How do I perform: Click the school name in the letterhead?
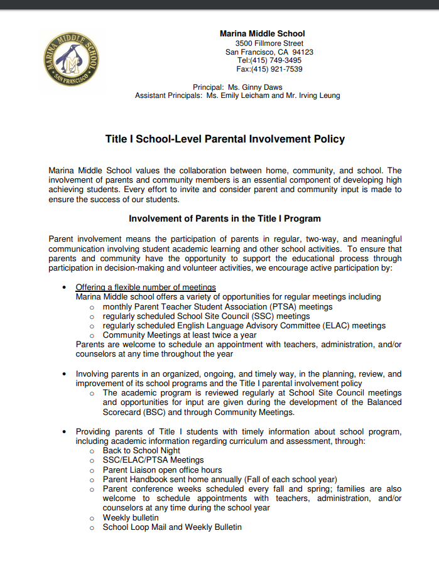262,34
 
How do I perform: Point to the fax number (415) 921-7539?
277,69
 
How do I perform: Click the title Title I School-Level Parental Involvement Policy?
225,139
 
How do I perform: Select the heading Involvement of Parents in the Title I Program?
225,219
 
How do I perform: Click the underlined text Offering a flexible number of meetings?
146,288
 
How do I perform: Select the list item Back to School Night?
141,451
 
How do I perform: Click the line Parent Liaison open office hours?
162,470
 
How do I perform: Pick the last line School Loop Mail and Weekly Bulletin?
172,527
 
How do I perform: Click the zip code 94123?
303,52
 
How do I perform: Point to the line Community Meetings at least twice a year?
180,335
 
